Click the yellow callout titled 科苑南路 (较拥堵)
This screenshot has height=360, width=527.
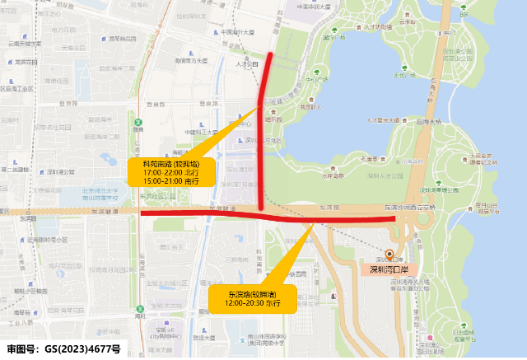point(170,171)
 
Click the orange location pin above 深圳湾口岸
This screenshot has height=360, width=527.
point(389,255)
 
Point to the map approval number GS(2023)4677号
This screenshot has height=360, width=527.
point(64,349)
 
